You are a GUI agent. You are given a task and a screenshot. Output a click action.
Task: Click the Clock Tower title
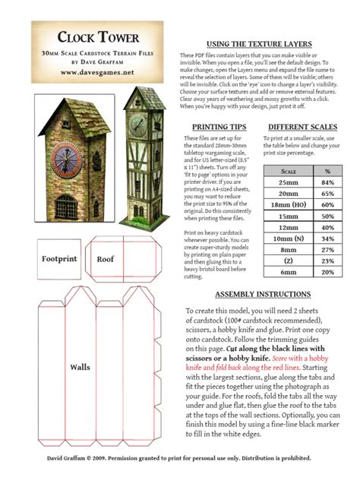click(x=100, y=37)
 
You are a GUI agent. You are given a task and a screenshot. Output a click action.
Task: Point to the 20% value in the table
click(x=327, y=271)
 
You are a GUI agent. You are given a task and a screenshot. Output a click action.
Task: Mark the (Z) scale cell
click(x=288, y=261)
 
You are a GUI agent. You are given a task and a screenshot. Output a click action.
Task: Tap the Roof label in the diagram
click(x=105, y=259)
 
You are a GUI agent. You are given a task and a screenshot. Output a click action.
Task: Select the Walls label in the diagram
click(x=80, y=368)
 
